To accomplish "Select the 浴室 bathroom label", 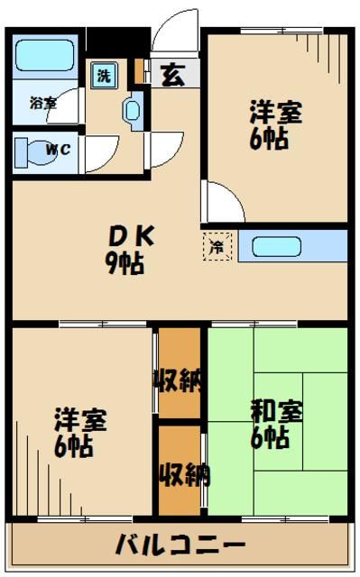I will [x=42, y=103].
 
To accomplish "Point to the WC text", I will [x=57, y=151].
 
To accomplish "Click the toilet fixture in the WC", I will [x=31, y=151].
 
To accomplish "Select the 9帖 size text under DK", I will [x=126, y=265].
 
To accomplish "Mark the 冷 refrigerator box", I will [x=217, y=245].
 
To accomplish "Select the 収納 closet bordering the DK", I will [x=178, y=379].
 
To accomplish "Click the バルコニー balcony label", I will [x=180, y=546].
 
